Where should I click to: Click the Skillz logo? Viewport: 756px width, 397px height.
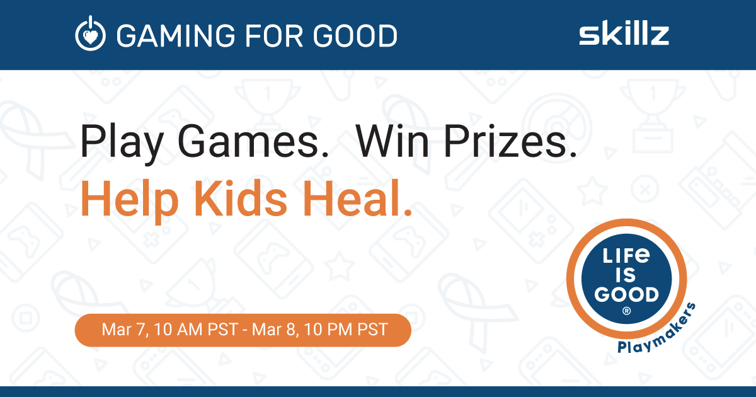[x=624, y=33]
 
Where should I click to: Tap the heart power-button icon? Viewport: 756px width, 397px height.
[x=90, y=33]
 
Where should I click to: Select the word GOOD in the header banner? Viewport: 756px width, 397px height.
[x=355, y=35]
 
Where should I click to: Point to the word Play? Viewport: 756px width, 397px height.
[x=122, y=141]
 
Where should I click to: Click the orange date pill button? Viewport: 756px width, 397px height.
[x=243, y=330]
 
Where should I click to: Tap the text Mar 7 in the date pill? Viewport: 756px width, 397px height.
[x=125, y=330]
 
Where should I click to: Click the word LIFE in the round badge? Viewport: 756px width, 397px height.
[x=626, y=256]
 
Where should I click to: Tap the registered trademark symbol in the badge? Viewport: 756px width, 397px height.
[x=626, y=311]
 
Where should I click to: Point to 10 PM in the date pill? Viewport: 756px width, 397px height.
[x=328, y=330]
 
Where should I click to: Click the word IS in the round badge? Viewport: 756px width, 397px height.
[x=626, y=275]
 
